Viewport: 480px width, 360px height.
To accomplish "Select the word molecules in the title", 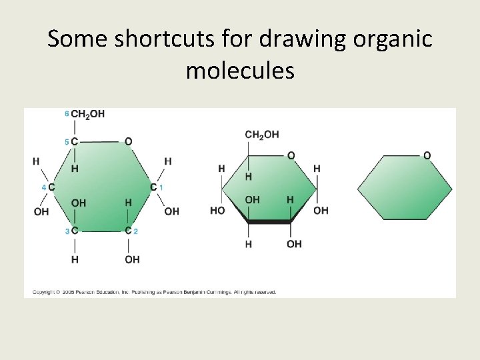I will (x=240, y=69).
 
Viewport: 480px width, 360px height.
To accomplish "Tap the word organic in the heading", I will (x=390, y=39).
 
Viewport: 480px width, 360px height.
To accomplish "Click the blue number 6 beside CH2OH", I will (x=67, y=114).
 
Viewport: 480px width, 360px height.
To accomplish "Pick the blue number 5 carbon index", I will (x=67, y=141).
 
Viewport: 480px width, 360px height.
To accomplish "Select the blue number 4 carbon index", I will (x=43, y=187).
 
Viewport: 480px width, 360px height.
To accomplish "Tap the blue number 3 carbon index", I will (x=67, y=231).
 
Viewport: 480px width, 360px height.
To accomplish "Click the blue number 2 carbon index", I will (x=136, y=231).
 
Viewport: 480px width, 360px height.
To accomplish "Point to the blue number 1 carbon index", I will (x=161, y=187).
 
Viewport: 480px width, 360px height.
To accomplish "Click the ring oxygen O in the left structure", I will (x=128, y=141).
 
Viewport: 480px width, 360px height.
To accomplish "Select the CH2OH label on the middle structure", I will (x=262, y=135).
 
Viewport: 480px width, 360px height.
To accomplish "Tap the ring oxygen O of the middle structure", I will (x=291, y=155).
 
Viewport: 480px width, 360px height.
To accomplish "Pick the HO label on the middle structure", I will (x=217, y=211).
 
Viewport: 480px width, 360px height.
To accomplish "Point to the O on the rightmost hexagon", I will (x=427, y=155).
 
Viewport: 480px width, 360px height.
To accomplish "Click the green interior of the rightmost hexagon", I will (x=404, y=189).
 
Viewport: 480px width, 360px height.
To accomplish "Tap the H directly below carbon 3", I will (x=75, y=259).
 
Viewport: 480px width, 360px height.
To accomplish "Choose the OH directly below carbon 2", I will (x=131, y=259).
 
